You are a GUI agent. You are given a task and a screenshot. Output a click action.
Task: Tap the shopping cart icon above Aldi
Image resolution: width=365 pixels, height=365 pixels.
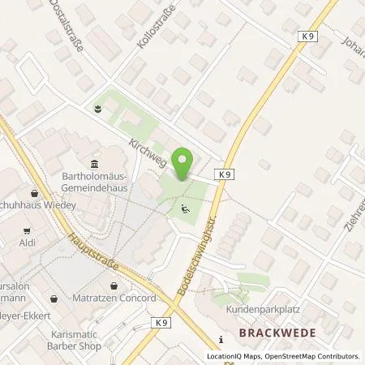coord(34,194)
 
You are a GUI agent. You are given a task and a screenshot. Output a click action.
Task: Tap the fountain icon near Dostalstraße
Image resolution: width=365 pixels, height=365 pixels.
coord(98,109)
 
